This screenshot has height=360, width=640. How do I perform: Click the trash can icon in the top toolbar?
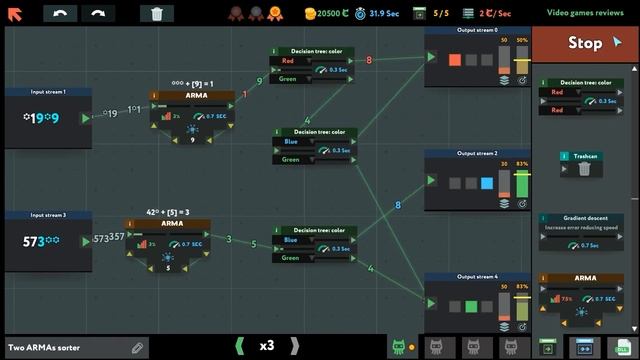coord(157,14)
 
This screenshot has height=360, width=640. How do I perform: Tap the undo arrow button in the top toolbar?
coord(62,14)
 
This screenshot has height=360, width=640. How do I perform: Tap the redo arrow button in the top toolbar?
coord(98,14)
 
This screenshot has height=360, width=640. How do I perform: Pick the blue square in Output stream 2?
coord(487,183)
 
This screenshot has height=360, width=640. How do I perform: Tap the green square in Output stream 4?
coord(471,305)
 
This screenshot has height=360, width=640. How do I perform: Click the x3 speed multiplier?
coord(267,346)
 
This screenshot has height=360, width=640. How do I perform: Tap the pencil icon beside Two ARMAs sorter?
coord(137,347)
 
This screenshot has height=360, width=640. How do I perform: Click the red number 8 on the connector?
coord(369,60)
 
